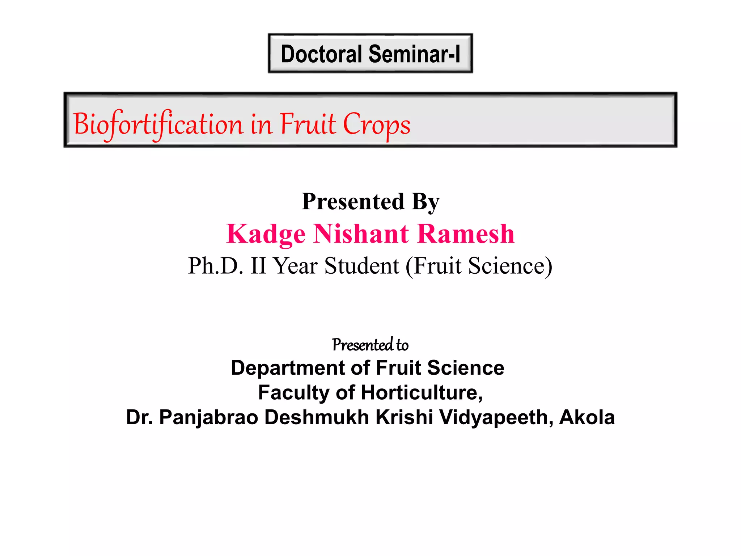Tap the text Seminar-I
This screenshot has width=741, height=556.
(x=414, y=54)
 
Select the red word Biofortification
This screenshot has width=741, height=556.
(x=158, y=124)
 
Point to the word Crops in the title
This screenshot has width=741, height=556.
(x=376, y=124)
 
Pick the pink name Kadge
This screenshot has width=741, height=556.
(x=266, y=234)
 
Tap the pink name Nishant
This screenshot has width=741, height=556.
(x=361, y=234)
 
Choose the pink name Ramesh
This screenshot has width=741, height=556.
(x=466, y=234)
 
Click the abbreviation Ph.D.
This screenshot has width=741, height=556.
(x=216, y=266)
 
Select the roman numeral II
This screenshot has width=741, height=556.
(x=258, y=266)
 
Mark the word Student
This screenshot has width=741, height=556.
(x=362, y=266)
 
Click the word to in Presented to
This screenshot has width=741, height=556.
(x=402, y=345)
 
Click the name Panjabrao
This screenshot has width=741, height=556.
(x=208, y=417)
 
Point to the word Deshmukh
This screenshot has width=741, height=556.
(x=317, y=417)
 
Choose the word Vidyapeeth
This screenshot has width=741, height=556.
(x=496, y=417)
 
